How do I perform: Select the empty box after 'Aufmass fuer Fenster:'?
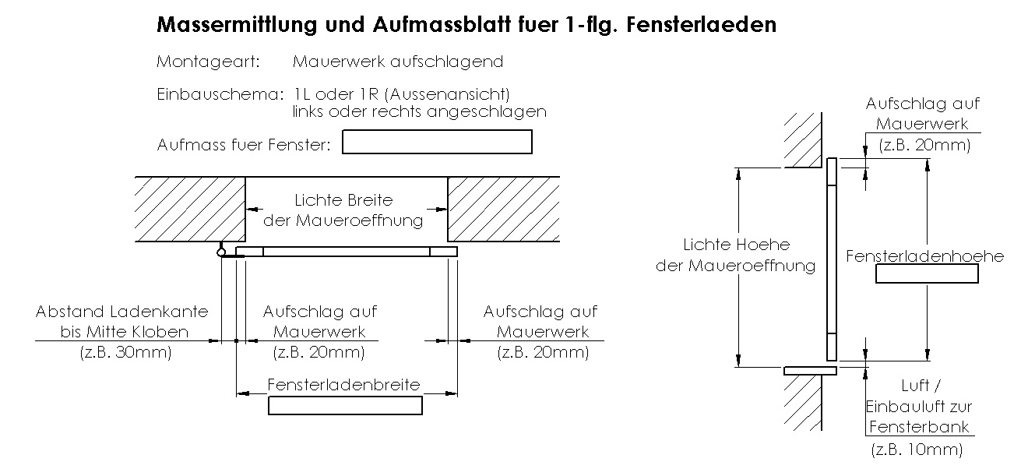pyautogui.click(x=437, y=142)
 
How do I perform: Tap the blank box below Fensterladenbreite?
pyautogui.click(x=345, y=406)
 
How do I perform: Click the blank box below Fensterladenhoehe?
pyautogui.click(x=927, y=273)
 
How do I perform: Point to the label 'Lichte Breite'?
pyautogui.click(x=343, y=201)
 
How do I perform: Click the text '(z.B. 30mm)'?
pyautogui.click(x=125, y=352)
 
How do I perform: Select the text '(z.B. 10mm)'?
pyautogui.click(x=917, y=450)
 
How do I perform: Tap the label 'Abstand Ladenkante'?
pyautogui.click(x=122, y=312)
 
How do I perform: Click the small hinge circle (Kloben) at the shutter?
pyautogui.click(x=222, y=251)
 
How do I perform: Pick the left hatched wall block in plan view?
pyautogui.click(x=190, y=210)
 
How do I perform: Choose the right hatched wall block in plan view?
pyautogui.click(x=502, y=210)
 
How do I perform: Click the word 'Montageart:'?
pyautogui.click(x=208, y=62)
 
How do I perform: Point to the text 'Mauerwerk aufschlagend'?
pyautogui.click(x=398, y=62)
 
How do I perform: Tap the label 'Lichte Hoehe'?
pyautogui.click(x=736, y=245)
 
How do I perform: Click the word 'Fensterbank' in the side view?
pyautogui.click(x=919, y=426)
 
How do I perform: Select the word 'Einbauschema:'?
pyautogui.click(x=220, y=94)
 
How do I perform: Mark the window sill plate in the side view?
pyautogui.click(x=810, y=370)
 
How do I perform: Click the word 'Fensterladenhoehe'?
pyautogui.click(x=925, y=256)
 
